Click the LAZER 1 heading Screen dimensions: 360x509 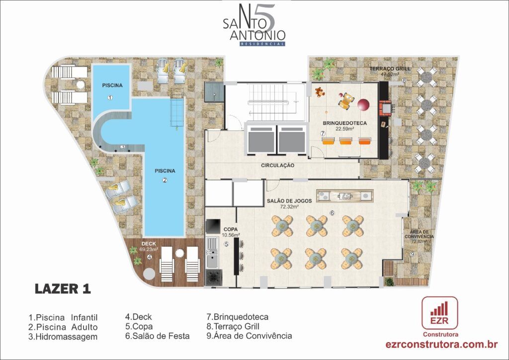pyautogui.click(x=63, y=289)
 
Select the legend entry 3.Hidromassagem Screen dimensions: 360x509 pyautogui.click(x=63, y=337)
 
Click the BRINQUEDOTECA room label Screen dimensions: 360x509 pyautogui.click(x=344, y=122)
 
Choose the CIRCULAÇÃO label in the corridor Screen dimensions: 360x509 pyautogui.click(x=277, y=165)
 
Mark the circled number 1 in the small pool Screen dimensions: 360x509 pyautogui.click(x=110, y=97)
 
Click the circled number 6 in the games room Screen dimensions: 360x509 pyautogui.click(x=333, y=213)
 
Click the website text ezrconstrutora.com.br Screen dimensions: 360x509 pyautogui.click(x=442, y=344)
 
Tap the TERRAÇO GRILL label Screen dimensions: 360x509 pyautogui.click(x=389, y=68)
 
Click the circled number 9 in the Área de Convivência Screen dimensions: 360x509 pyautogui.click(x=413, y=255)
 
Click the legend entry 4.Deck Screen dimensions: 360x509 pyautogui.click(x=139, y=317)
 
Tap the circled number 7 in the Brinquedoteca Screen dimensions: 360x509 pyautogui.click(x=323, y=134)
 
